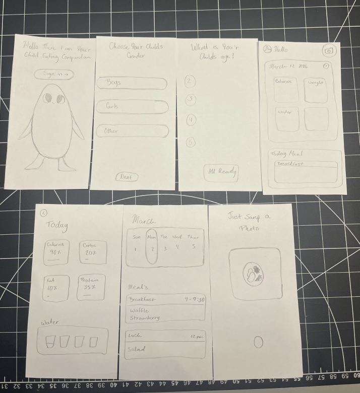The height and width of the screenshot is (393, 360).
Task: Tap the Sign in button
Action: point(54,74)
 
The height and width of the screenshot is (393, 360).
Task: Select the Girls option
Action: point(132,107)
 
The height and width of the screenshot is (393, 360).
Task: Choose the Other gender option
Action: point(132,131)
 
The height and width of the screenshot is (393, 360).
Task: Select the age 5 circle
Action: point(191,143)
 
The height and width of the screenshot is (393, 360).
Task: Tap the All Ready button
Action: point(220,172)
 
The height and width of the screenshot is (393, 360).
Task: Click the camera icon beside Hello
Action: point(329,50)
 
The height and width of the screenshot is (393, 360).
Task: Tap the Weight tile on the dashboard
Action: point(316,89)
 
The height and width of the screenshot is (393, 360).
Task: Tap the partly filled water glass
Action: point(50,342)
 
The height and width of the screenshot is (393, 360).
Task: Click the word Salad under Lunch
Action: point(136,349)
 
